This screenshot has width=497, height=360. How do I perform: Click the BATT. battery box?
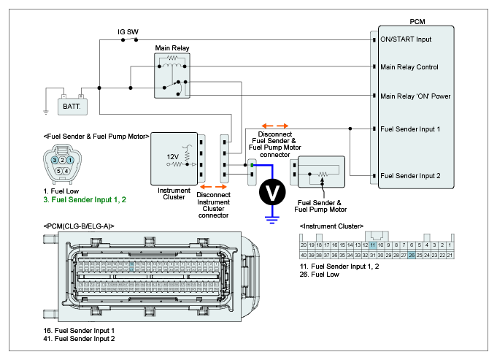tap(72, 105)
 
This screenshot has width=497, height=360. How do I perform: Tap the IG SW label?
tap(128, 32)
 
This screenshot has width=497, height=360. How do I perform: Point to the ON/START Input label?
tap(407, 39)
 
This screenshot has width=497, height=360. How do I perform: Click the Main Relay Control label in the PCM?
tap(409, 67)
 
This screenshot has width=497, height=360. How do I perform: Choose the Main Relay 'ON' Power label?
tap(415, 96)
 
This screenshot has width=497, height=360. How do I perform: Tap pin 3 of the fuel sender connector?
tap(55, 159)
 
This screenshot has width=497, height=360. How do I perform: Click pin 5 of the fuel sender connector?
tap(58, 171)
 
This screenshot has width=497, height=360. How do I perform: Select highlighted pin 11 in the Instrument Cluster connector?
tap(372, 245)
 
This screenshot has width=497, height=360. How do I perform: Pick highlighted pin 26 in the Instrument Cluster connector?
tap(412, 255)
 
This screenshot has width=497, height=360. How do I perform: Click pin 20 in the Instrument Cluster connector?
tap(304, 245)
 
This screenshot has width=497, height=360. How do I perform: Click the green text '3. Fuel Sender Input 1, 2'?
tap(85, 199)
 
